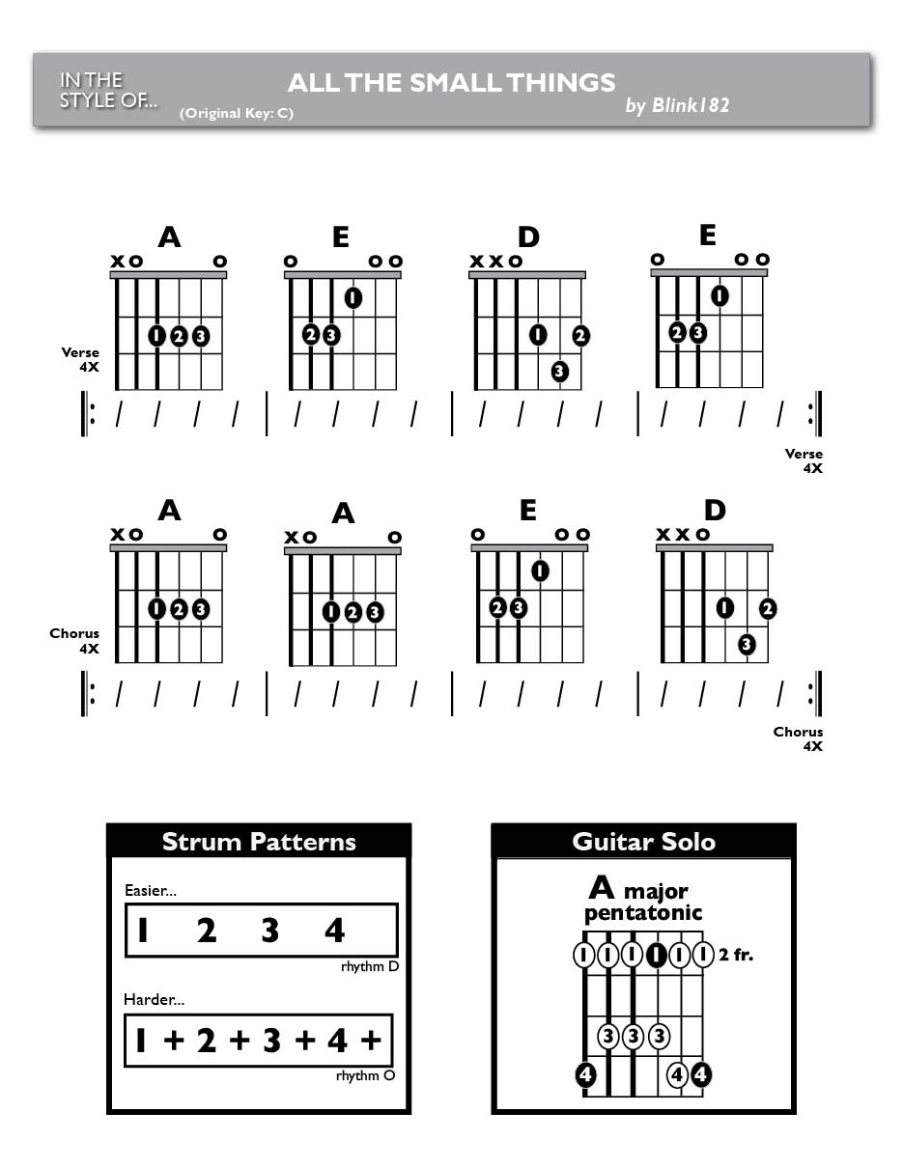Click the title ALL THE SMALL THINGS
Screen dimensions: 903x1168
point(451,83)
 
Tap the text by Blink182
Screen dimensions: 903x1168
point(677,105)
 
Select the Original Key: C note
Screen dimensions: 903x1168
point(237,113)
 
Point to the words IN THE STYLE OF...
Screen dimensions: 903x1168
point(108,91)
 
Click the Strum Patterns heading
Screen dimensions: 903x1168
point(259,842)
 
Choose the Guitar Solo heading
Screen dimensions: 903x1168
point(643,842)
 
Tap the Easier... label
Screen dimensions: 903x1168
point(150,891)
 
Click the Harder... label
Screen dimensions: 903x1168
point(154,1000)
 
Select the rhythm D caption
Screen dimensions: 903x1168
point(370,966)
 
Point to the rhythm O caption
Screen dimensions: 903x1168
point(365,1075)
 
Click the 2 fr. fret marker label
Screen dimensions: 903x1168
point(736,955)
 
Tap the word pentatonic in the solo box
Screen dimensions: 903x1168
point(643,913)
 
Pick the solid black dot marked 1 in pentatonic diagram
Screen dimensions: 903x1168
point(656,955)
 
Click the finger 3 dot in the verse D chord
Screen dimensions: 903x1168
point(559,371)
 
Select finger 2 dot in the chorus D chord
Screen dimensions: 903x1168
point(768,608)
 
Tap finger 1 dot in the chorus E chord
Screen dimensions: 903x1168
point(540,570)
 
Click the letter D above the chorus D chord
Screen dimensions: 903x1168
point(715,510)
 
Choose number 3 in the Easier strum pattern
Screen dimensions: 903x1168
point(270,931)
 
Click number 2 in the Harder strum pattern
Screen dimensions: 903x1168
point(206,1040)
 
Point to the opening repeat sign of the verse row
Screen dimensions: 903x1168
point(88,414)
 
